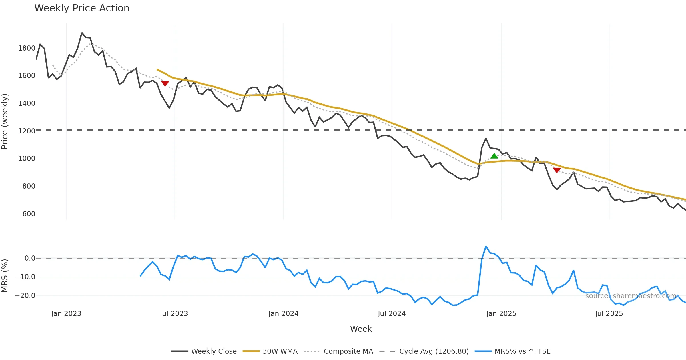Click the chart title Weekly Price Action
[x=82, y=8]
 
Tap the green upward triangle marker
[x=494, y=156]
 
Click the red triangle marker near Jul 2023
[x=165, y=83]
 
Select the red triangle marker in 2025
[x=557, y=170]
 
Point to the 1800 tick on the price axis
[x=27, y=48]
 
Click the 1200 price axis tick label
[x=27, y=131]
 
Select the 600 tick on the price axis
[x=29, y=214]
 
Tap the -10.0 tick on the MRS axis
[x=25, y=277]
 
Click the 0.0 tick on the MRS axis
[x=30, y=258]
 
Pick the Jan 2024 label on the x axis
[x=283, y=314]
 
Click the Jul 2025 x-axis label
[x=609, y=314]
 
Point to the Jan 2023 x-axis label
[x=66, y=314]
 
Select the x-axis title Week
[x=361, y=329]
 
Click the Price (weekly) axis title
[x=5, y=121]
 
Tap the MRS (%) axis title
[x=5, y=276]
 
